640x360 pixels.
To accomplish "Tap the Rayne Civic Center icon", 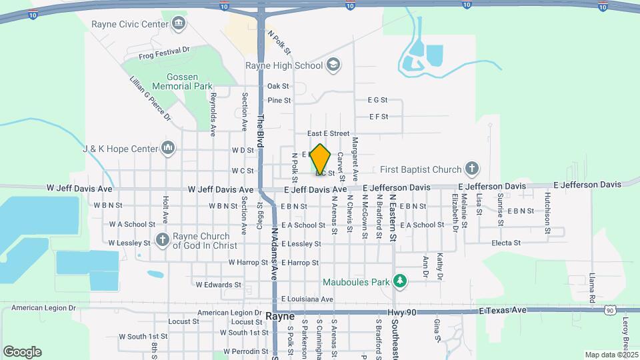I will click(x=179, y=25).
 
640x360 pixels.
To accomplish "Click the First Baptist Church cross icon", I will click(x=472, y=169).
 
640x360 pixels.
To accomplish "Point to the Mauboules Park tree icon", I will click(x=400, y=282).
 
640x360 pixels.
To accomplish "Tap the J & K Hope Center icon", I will click(x=168, y=149).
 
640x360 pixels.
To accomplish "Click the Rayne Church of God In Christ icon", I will click(x=162, y=240).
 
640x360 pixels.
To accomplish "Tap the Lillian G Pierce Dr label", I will click(x=151, y=98).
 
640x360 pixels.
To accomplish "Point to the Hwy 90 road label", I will click(x=399, y=312).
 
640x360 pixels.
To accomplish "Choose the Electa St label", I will click(x=505, y=243).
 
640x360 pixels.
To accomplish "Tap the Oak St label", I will click(x=278, y=87).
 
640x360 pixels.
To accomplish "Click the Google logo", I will click(x=23, y=351).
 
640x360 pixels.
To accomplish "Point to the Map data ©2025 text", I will click(x=611, y=355).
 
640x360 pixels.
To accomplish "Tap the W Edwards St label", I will click(x=218, y=285).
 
